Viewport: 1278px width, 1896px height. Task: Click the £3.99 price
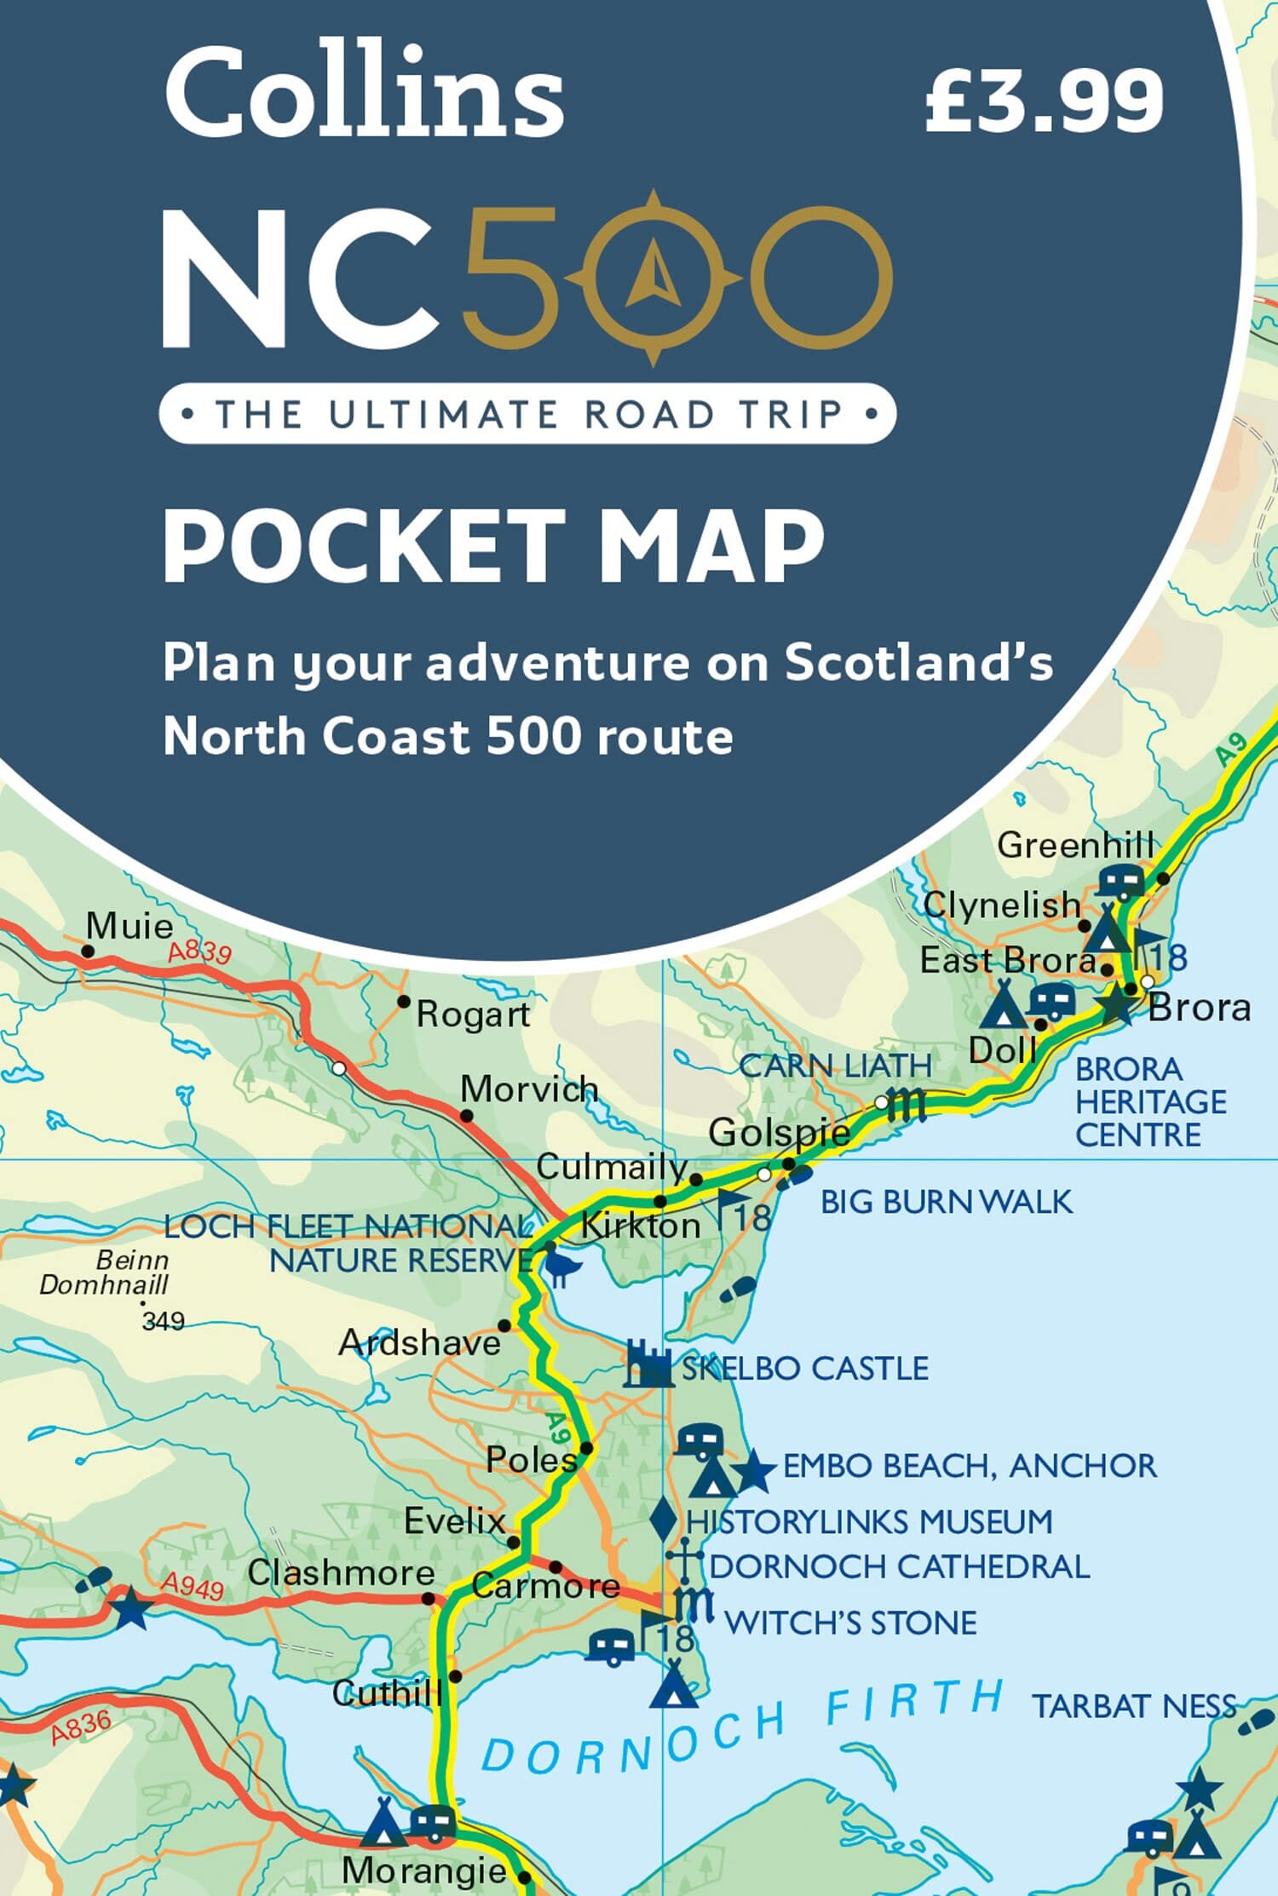(x=1044, y=101)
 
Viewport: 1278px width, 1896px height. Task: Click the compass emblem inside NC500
(x=653, y=278)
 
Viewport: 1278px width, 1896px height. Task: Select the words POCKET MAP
(x=494, y=546)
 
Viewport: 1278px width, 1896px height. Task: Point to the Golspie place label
(x=779, y=1133)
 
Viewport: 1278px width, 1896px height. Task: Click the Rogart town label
(x=473, y=1014)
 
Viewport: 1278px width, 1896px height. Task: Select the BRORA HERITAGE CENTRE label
(x=1150, y=1101)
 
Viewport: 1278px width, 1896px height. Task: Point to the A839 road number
(x=199, y=951)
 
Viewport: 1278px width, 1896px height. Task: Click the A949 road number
(x=193, y=1586)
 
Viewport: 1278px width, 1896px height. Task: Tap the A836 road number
(x=80, y=1727)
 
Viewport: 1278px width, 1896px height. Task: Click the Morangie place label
(x=423, y=1870)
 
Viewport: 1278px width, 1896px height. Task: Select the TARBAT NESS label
(x=1133, y=1705)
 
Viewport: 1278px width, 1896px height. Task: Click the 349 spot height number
(x=163, y=1321)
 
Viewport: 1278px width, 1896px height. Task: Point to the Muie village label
(x=130, y=926)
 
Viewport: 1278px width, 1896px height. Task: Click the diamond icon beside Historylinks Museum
(x=663, y=1521)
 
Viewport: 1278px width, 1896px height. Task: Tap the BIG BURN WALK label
(x=946, y=1202)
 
